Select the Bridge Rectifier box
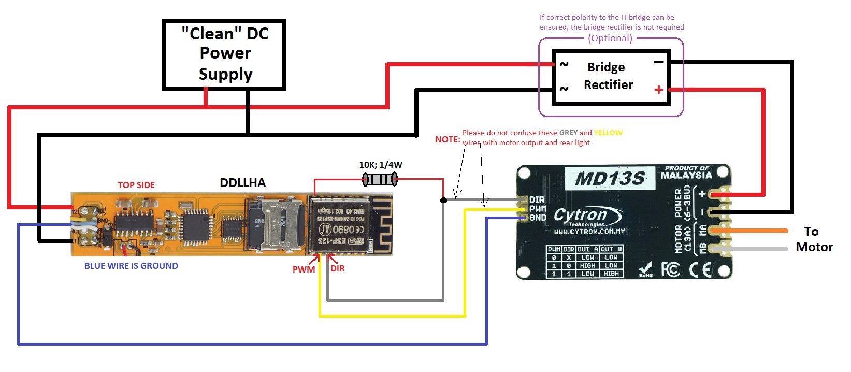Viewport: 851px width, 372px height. pyautogui.click(x=611, y=77)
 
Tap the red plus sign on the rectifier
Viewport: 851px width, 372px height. pyautogui.click(x=658, y=90)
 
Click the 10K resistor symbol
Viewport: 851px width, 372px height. pyautogui.click(x=380, y=180)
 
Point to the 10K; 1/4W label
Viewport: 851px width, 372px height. pyautogui.click(x=380, y=165)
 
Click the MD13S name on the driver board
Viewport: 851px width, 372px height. pyautogui.click(x=611, y=179)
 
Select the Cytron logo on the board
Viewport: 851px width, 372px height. pyautogui.click(x=587, y=215)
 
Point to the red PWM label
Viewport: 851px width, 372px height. pyautogui.click(x=304, y=269)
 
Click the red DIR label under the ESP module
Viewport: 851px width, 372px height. pyautogui.click(x=337, y=268)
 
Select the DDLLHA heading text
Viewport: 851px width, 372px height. pyautogui.click(x=242, y=183)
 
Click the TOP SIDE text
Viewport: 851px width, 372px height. pyautogui.click(x=136, y=185)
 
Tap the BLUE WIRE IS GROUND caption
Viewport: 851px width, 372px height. pyautogui.click(x=131, y=266)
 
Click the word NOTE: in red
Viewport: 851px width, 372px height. pyautogui.click(x=448, y=139)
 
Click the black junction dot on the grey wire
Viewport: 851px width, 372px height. pyautogui.click(x=443, y=200)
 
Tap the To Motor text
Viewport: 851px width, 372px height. pyautogui.click(x=814, y=239)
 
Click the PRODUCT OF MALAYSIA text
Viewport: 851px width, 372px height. pyautogui.click(x=686, y=172)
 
